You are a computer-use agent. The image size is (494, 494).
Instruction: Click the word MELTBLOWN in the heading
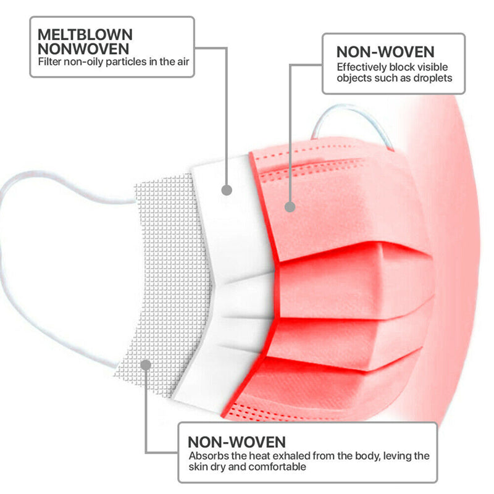tap(85, 35)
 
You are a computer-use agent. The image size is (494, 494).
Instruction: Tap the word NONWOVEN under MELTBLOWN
tap(85, 49)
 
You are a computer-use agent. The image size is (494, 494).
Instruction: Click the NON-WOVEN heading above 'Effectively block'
tap(385, 51)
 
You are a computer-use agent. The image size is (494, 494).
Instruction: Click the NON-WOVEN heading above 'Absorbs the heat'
tap(237, 442)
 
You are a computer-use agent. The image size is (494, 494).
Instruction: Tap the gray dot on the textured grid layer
tap(146, 364)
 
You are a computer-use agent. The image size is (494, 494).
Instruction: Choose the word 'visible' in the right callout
tap(434, 67)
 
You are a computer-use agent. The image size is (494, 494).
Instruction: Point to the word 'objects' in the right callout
tap(353, 78)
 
